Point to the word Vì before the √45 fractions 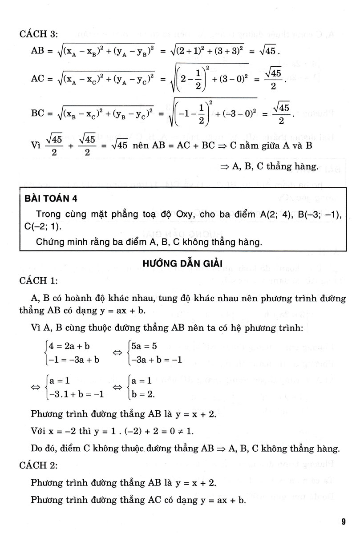pos(36,146)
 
